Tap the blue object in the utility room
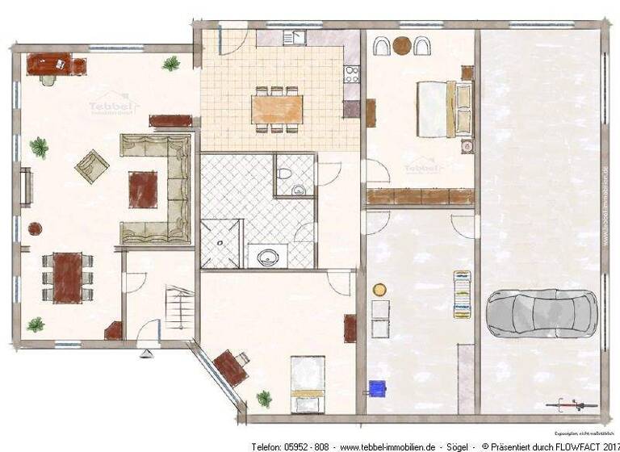tap(376, 387)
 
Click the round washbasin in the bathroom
tap(266, 257)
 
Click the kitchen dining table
tap(277, 108)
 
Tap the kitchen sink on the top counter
tap(295, 36)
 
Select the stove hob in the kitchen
tap(351, 74)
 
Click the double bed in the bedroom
tap(444, 109)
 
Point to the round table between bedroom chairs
tap(401, 46)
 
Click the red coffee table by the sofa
tap(143, 190)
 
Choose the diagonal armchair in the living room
tap(92, 165)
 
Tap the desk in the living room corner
tap(50, 62)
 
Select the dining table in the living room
tap(68, 277)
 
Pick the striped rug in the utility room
tap(462, 294)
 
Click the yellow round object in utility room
tap(379, 288)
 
